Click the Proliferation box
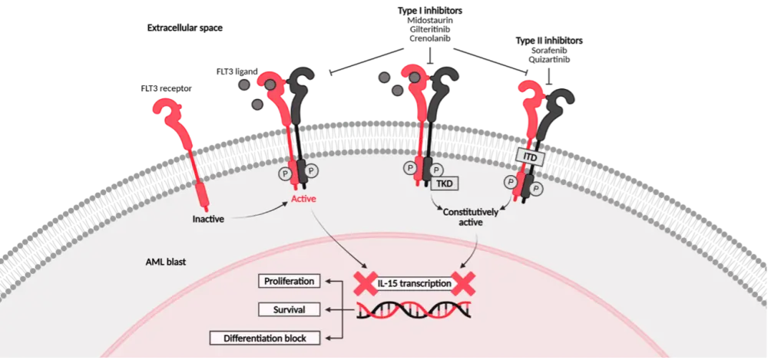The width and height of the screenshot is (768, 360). click(287, 281)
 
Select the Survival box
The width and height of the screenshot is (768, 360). click(287, 310)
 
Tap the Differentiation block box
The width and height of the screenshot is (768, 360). click(265, 338)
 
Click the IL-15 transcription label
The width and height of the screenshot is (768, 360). click(414, 283)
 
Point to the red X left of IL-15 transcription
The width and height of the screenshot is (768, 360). click(365, 282)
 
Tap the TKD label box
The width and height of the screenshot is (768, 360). click(444, 183)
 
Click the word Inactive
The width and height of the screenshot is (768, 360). click(208, 220)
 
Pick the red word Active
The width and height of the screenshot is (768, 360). click(303, 200)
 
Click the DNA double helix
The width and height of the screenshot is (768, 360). click(414, 309)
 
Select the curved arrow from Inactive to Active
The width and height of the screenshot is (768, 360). click(257, 213)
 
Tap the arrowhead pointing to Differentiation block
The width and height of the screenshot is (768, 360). click(328, 338)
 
